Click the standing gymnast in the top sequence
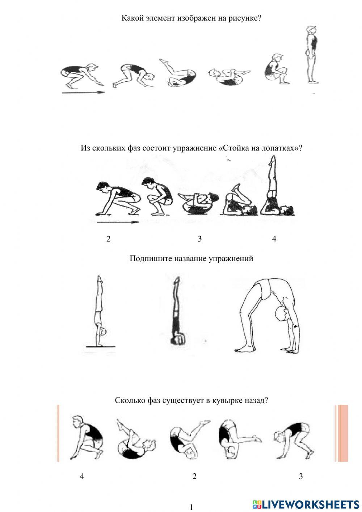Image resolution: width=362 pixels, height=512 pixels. [x=311, y=54]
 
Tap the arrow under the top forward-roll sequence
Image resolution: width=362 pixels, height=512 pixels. [x=83, y=93]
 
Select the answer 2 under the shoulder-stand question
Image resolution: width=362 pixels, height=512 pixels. [x=108, y=239]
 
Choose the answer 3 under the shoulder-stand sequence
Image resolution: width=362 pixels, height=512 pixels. [x=199, y=239]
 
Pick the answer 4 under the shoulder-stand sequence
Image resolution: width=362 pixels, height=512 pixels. [x=274, y=239]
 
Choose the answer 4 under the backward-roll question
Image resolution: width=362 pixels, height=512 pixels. [x=82, y=476]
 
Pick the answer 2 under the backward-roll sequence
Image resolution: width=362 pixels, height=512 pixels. [x=194, y=476]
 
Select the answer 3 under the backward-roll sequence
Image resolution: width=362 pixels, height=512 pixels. [x=301, y=476]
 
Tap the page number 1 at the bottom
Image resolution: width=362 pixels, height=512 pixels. [x=191, y=507]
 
